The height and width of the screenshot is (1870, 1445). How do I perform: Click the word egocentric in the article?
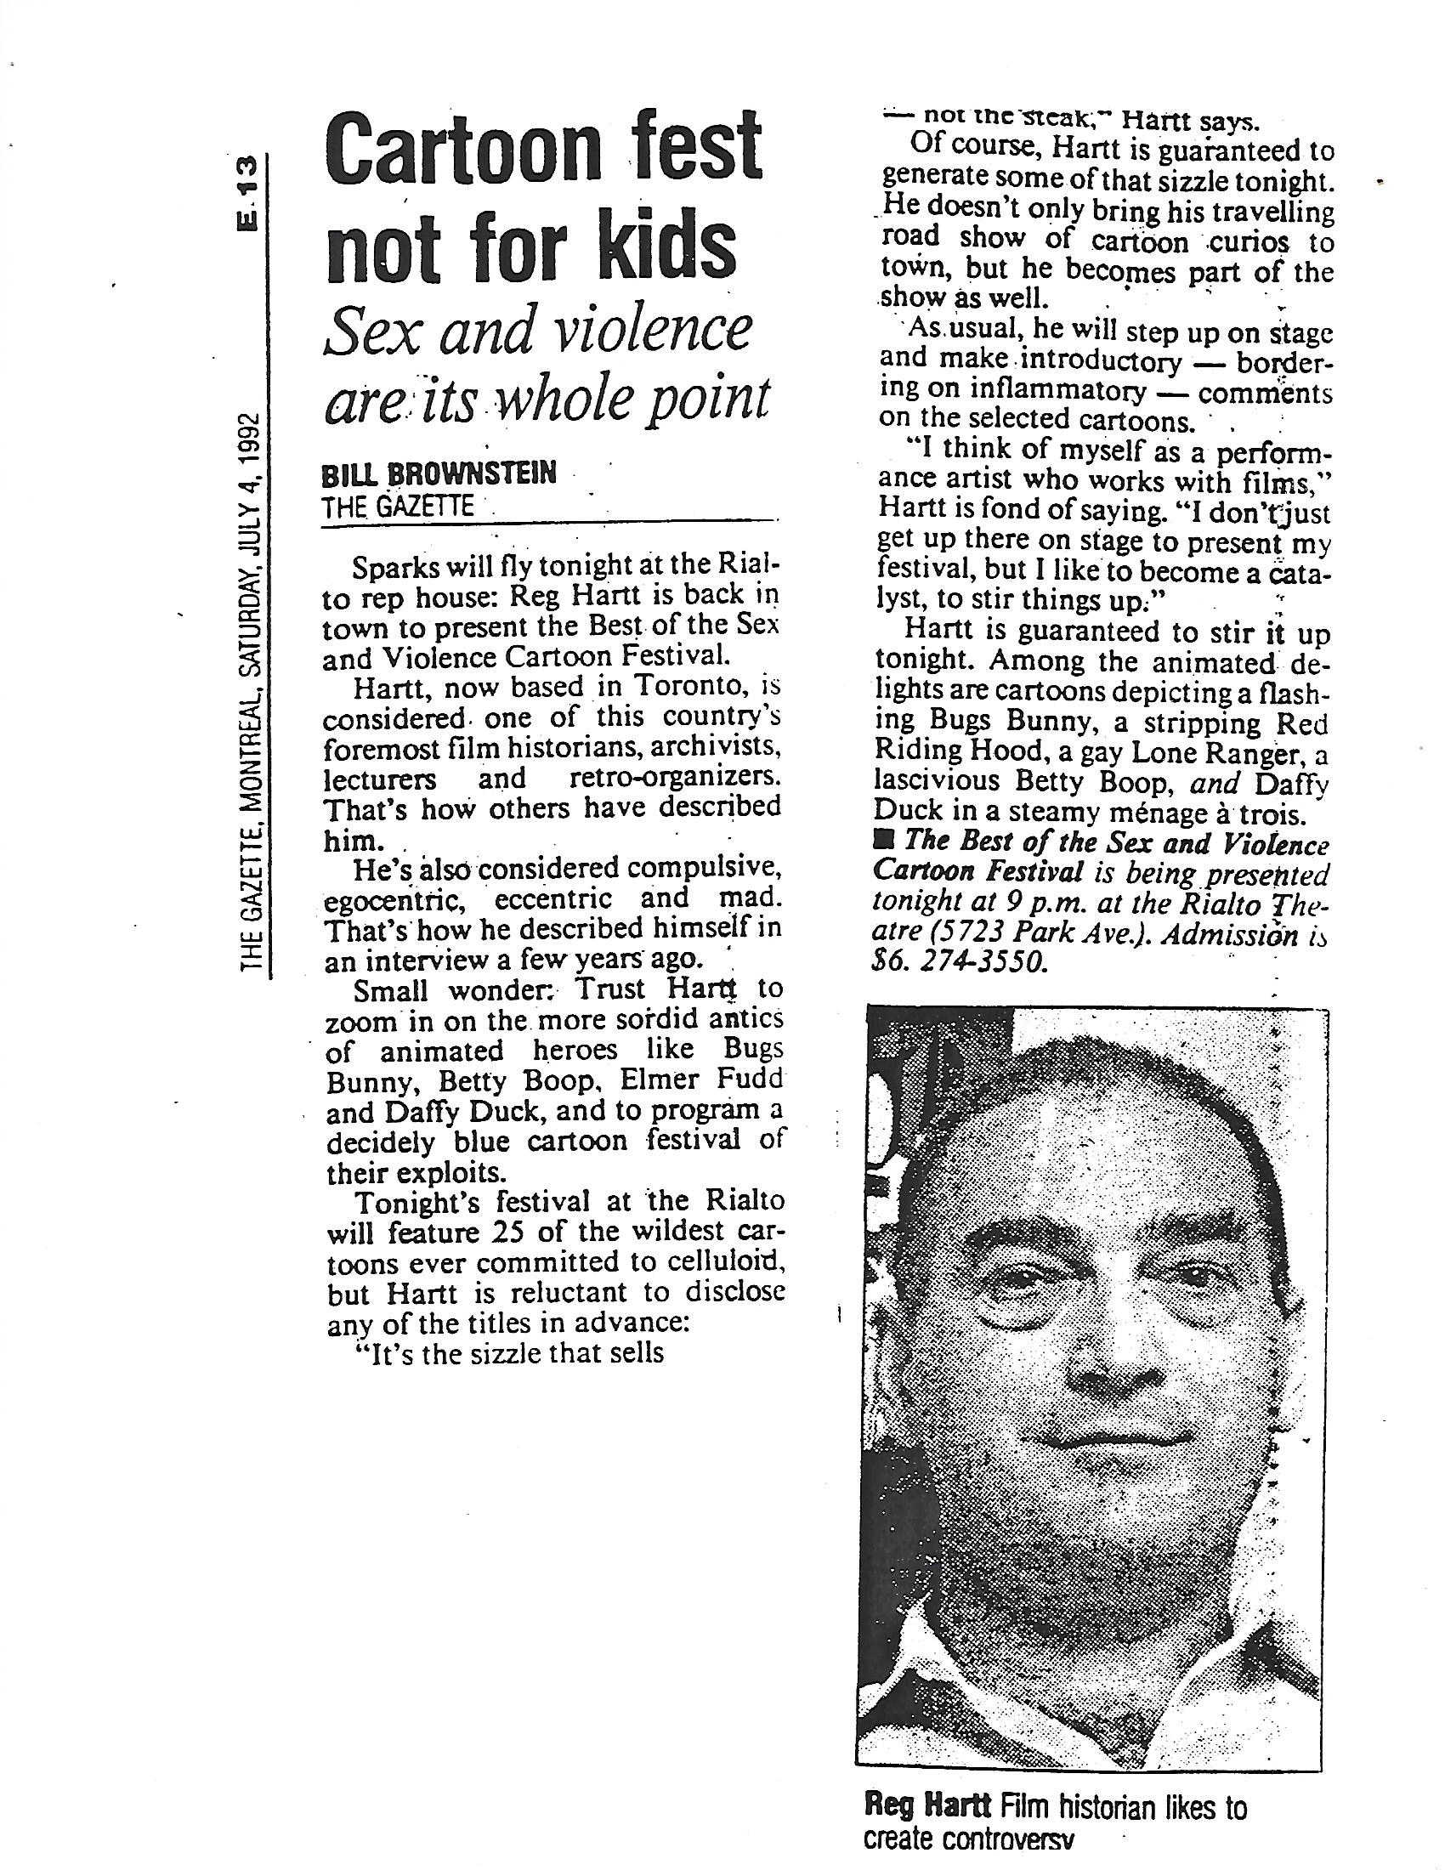click(x=397, y=900)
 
